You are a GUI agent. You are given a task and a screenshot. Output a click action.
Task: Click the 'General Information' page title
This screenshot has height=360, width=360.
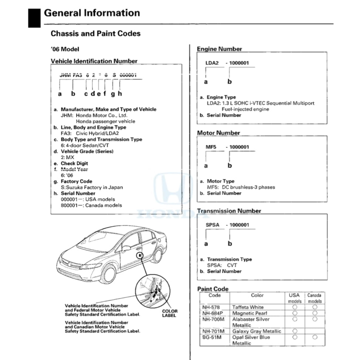tap(92, 13)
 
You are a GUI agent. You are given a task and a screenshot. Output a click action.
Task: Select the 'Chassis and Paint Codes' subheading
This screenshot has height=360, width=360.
tap(95, 34)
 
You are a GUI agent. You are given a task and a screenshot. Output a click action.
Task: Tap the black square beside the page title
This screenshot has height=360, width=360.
tap(34, 18)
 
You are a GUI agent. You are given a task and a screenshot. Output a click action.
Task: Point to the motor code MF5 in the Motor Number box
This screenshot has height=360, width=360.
tap(211, 147)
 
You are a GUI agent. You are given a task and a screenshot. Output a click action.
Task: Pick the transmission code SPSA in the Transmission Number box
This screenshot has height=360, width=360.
tap(212, 225)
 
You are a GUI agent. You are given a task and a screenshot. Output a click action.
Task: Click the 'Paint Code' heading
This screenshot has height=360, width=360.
tap(213, 289)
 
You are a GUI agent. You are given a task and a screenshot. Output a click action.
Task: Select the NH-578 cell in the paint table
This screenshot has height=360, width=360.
tap(211, 307)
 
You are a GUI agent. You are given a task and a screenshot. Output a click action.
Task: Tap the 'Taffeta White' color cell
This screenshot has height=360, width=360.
tap(248, 307)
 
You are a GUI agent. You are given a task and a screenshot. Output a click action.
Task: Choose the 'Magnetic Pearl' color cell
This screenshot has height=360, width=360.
tap(249, 313)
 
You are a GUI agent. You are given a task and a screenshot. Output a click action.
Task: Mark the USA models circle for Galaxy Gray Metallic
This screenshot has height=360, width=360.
tap(295, 331)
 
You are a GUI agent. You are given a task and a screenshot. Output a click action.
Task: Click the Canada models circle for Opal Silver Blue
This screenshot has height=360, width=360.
tap(315, 337)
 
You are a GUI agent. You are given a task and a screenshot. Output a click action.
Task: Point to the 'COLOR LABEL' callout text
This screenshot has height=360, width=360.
tap(170, 313)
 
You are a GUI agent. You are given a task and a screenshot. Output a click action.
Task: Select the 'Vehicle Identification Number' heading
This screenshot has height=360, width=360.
tap(94, 61)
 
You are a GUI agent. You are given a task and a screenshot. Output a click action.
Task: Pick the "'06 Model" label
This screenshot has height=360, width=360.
tap(65, 49)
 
